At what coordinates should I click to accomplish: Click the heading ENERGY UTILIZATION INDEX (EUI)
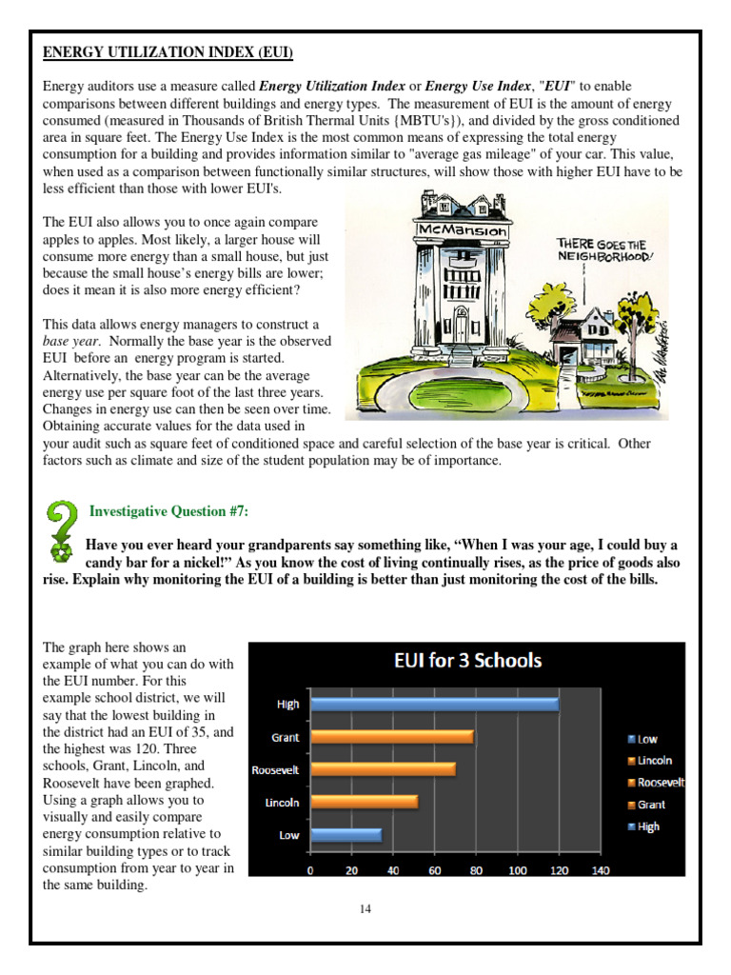[168, 51]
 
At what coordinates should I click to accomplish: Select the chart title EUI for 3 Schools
[467, 661]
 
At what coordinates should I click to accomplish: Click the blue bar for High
[434, 705]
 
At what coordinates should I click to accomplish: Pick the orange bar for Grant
[391, 737]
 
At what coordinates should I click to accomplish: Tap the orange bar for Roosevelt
[383, 769]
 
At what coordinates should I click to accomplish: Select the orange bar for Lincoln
[364, 802]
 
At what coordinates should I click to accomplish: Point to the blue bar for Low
[346, 835]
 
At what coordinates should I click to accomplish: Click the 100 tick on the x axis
[517, 870]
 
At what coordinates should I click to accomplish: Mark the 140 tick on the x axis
[600, 870]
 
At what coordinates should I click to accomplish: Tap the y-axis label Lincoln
[281, 803]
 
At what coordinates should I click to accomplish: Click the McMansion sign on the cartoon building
[450, 229]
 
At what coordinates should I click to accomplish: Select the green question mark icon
[61, 532]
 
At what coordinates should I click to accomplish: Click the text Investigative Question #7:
[168, 511]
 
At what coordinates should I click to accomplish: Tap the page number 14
[365, 909]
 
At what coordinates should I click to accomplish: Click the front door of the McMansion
[461, 327]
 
